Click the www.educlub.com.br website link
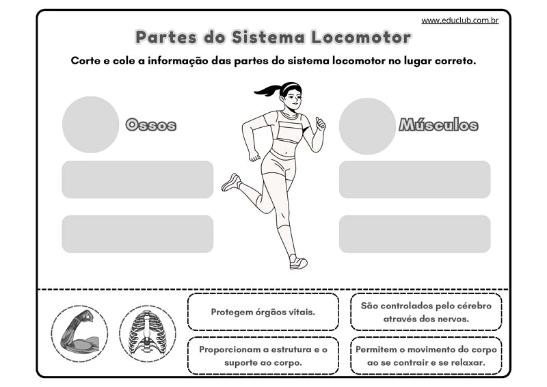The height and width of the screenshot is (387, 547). coord(459,21)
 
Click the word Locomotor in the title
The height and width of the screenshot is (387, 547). coord(361,38)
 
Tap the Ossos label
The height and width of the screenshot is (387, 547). coord(150,124)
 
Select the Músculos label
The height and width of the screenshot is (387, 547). coord(438,124)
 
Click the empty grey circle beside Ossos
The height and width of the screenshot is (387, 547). coord(91,124)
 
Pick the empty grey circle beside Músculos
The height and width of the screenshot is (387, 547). coord(367,126)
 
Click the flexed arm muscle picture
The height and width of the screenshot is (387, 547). coord(79,334)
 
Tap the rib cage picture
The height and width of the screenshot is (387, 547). coord(148,334)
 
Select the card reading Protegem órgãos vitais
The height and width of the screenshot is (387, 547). coord(263,312)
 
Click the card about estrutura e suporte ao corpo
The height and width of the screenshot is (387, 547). coord(263,356)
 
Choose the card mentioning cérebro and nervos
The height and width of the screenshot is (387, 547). coord(426,312)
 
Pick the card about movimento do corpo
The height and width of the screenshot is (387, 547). coord(426,356)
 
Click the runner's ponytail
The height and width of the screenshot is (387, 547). coord(267,90)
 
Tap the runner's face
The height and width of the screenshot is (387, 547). coord(293,98)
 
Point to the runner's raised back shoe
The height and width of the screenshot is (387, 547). coord(231,182)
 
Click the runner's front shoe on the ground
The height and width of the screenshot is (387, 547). coord(298,262)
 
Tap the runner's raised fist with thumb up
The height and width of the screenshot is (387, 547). coord(320,124)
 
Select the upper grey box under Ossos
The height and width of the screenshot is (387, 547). coord(137,179)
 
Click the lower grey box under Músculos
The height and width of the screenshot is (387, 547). coord(415,234)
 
